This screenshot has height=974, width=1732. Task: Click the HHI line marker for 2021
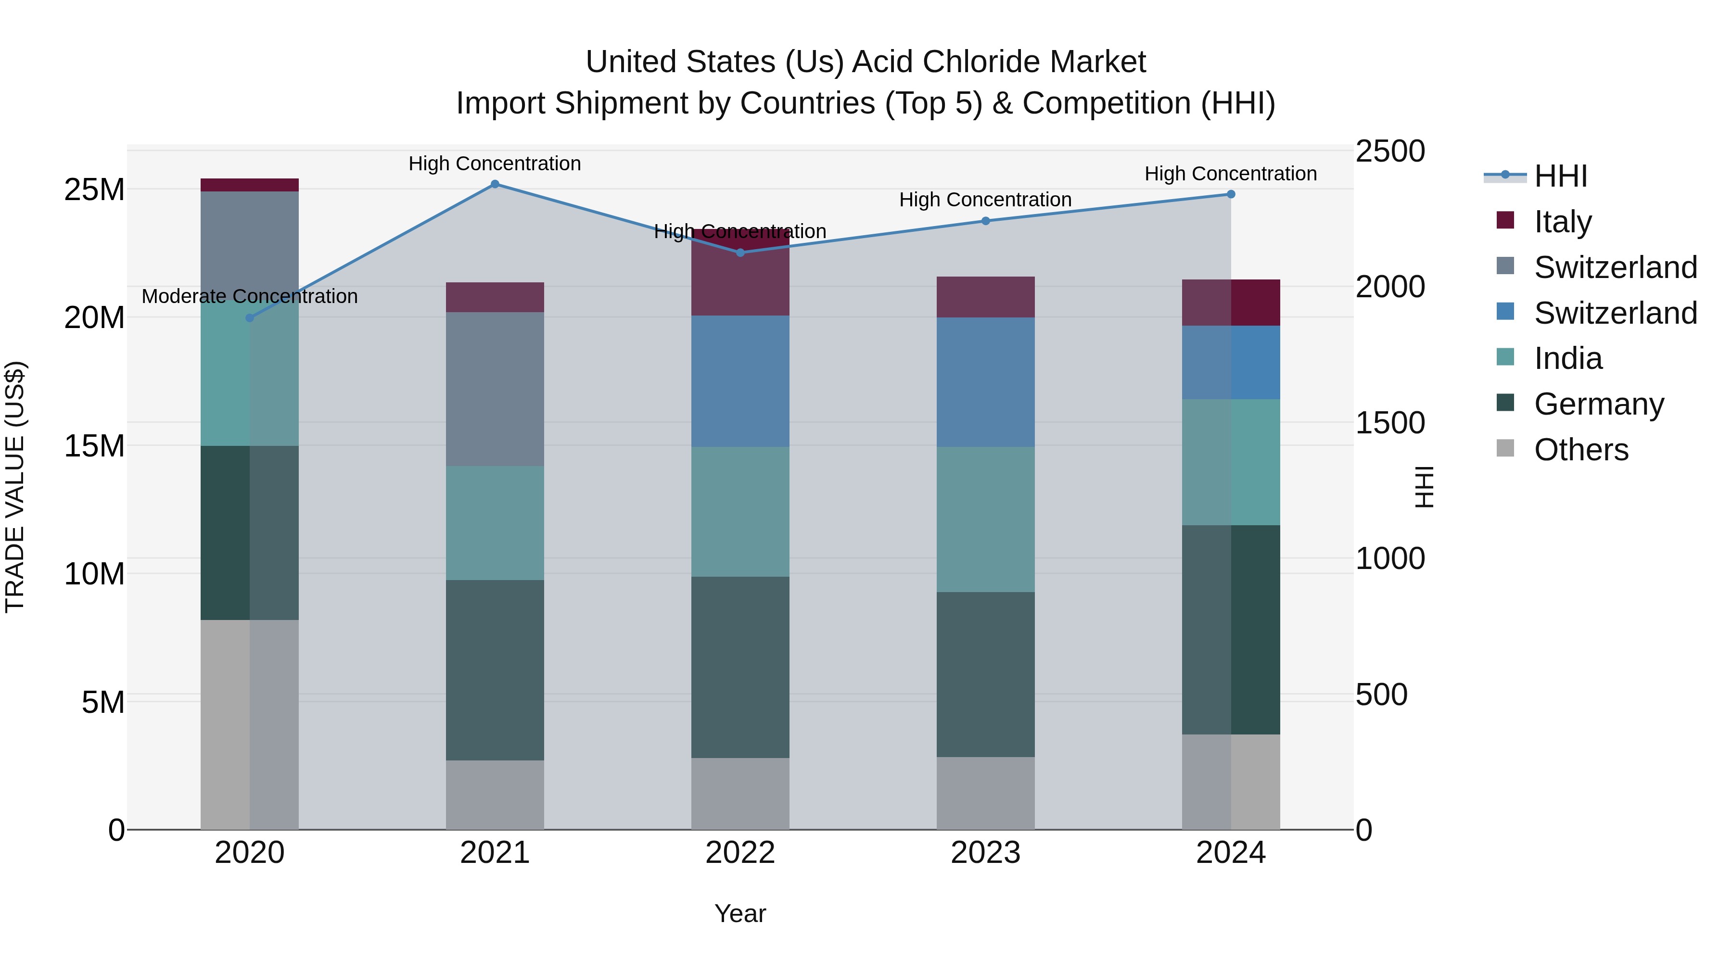pos(495,184)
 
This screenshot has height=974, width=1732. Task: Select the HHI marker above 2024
pos(1231,194)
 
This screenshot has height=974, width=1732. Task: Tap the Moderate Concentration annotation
pos(249,296)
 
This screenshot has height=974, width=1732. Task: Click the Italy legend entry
pos(1563,222)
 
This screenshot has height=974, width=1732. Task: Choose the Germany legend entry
pos(1599,404)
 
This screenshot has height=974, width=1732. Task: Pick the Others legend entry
pos(1581,450)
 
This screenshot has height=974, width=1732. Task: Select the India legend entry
pos(1568,358)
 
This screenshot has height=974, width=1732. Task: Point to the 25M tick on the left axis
pos(94,190)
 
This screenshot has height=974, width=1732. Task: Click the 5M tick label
pos(103,702)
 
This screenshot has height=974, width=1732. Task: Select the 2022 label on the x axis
pos(740,853)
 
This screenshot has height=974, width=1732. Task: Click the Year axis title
pos(740,913)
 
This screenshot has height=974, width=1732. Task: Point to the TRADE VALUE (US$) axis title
pos(15,487)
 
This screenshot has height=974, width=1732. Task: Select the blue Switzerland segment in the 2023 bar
pos(986,382)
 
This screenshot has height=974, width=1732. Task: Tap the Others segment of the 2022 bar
pos(740,793)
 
